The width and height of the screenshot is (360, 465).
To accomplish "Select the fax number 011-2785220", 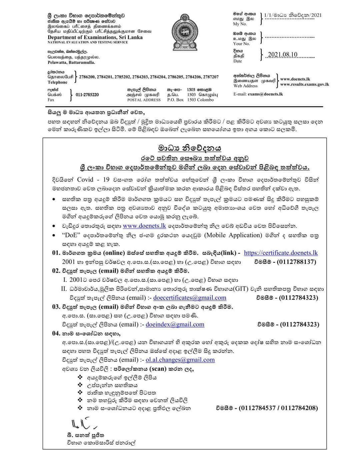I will [x=87, y=95].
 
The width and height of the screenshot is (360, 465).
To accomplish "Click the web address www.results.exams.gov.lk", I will [x=304, y=84].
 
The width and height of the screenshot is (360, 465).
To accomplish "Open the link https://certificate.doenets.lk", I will [x=281, y=253].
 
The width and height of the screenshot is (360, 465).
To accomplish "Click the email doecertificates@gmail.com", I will [x=190, y=298].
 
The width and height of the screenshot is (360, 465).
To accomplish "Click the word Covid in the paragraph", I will [x=85, y=180].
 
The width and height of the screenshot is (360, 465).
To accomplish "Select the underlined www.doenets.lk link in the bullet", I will [x=144, y=226].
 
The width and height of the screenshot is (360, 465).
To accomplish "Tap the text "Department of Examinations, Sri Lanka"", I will [x=95, y=37].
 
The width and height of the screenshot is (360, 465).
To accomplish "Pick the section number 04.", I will [x=56, y=333].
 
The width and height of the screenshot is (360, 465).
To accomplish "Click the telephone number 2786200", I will [x=87, y=77].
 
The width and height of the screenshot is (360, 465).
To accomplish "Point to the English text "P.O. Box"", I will [x=175, y=100].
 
